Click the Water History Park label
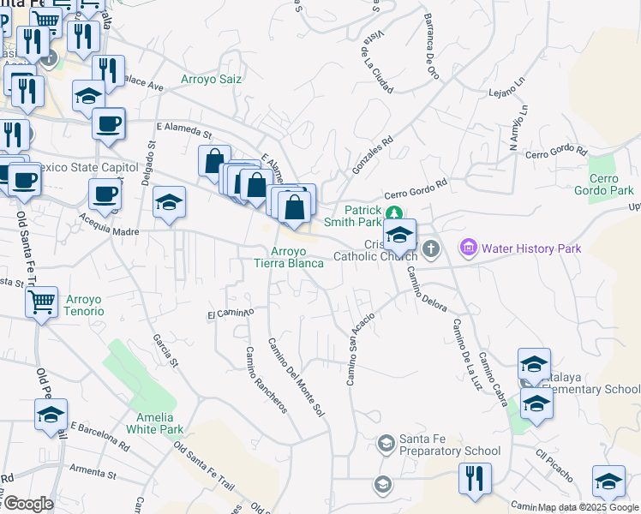[531, 248]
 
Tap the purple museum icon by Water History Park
[468, 248]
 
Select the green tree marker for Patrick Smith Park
[393, 214]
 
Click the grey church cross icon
[430, 249]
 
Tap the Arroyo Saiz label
[211, 80]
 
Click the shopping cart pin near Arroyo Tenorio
[41, 302]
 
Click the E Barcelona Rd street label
[99, 435]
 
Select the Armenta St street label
[93, 471]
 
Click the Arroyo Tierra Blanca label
[289, 257]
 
